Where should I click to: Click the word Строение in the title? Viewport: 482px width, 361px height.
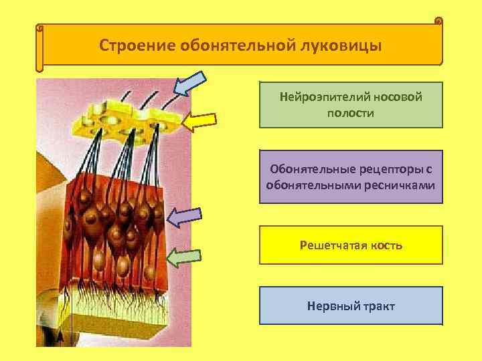pos(136,46)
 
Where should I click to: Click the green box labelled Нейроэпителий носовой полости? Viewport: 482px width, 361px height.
pos(351,105)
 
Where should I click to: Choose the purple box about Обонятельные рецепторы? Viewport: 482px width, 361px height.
pos(351,176)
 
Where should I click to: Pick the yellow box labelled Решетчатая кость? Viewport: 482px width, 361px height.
pos(351,245)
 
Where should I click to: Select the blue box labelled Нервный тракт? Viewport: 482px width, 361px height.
pos(351,306)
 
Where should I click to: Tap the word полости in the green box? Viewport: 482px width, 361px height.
pos(351,113)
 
